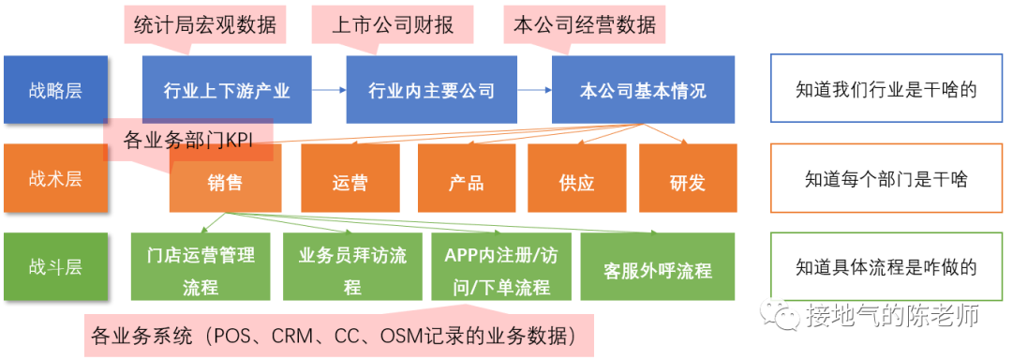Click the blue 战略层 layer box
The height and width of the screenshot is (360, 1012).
point(55,90)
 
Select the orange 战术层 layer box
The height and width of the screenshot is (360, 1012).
point(55,178)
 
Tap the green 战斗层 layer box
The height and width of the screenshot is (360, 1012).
point(55,266)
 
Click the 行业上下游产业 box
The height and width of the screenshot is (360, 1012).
point(227,90)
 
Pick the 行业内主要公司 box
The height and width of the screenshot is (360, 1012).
point(431,90)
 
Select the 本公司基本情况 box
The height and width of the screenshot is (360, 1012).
point(643,90)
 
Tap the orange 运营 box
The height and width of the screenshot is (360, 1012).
point(350,180)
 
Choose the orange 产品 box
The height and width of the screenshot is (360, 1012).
point(467,180)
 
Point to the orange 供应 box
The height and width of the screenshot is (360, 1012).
point(577,180)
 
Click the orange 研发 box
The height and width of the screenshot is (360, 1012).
point(688,180)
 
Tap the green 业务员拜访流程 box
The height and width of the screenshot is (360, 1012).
point(352,268)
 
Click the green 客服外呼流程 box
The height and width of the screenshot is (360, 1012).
point(658,268)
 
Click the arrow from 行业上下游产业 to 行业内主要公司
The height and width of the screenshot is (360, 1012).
point(328,90)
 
